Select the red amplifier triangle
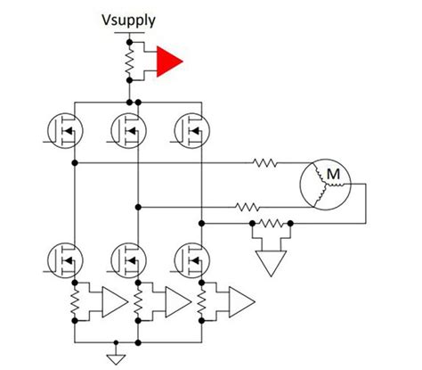point(167,62)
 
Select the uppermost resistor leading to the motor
point(265,164)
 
